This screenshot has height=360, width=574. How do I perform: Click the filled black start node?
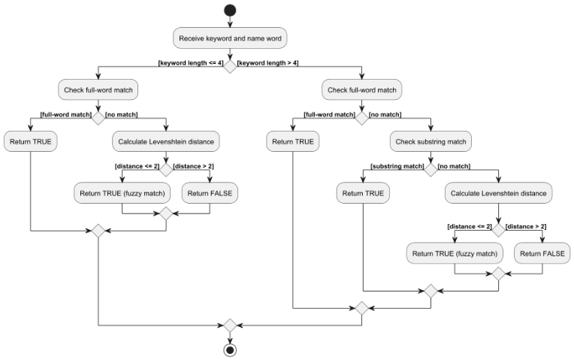tap(230, 11)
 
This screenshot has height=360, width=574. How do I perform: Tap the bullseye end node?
tap(230, 350)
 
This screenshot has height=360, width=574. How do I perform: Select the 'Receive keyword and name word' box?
tap(230, 38)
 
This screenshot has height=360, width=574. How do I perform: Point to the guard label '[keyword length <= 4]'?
tap(191, 63)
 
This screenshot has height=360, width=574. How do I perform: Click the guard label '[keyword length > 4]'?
tap(269, 63)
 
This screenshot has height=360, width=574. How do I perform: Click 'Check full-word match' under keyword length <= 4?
tap(98, 89)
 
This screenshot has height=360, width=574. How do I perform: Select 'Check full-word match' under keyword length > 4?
tap(362, 89)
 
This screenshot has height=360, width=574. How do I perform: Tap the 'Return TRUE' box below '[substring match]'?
tap(363, 193)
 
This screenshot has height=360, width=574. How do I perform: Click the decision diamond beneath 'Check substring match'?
tap(430, 168)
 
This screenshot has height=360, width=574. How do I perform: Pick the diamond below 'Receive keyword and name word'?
tap(230, 65)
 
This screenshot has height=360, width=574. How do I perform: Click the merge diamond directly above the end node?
tap(230, 325)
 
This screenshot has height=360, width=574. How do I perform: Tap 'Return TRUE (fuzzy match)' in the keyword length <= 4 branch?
tap(122, 193)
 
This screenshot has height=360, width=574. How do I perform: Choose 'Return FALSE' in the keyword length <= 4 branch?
tap(210, 193)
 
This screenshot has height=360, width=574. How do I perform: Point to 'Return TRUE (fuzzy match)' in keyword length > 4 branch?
tap(455, 253)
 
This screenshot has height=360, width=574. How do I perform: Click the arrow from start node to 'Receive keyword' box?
tap(230, 23)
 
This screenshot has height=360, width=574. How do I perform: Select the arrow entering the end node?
tap(230, 337)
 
